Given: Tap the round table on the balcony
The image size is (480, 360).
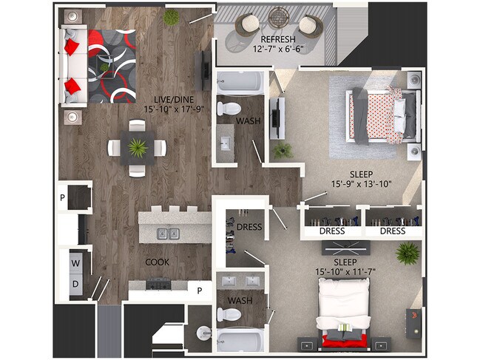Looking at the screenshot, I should tap(280, 16).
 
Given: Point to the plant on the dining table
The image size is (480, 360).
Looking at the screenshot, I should tap(137, 147).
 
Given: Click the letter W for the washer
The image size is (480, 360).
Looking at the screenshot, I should tap(75, 263).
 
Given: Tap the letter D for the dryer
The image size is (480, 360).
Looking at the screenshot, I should tap(75, 284).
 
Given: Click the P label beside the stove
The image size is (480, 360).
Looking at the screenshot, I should tap(199, 291).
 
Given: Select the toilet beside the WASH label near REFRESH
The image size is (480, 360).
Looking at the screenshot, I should tap(223, 109).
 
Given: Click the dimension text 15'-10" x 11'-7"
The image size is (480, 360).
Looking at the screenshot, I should tap(345, 272).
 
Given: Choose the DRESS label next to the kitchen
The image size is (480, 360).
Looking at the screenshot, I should tap(249, 226).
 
